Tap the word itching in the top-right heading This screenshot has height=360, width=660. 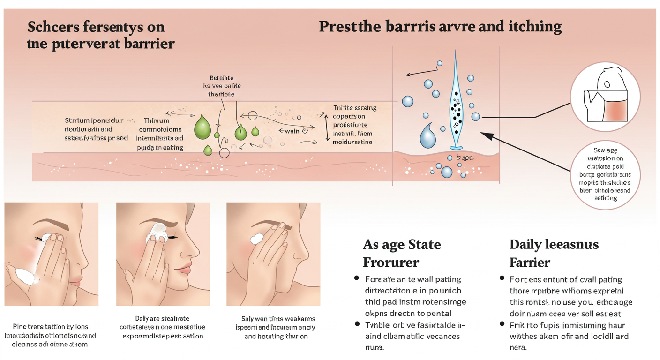coord(534,27)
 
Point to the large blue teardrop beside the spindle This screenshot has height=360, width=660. coord(427,136)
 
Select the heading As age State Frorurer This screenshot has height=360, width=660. coord(402,253)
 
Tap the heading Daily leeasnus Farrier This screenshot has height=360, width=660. coord(547,253)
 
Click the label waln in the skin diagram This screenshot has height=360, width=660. coord(292,131)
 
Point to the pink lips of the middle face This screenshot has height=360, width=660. coord(184,269)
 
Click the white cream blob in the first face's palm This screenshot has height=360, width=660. coord(22,274)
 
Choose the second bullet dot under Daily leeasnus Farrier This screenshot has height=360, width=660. coord(502,324)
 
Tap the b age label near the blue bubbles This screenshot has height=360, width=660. coord(465,158)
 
